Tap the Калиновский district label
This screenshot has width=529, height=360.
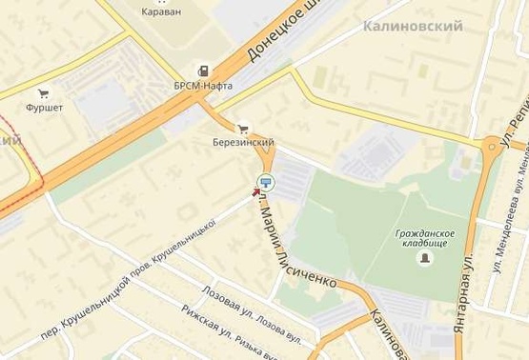[x=413, y=27]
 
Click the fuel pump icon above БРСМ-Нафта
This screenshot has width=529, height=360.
[x=203, y=70]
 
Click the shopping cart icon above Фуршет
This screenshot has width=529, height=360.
[x=43, y=93]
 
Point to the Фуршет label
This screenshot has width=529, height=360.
[x=44, y=108]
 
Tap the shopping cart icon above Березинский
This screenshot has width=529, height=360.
[x=243, y=128]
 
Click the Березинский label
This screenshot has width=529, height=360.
[x=243, y=143]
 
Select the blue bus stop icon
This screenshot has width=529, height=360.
[x=265, y=182]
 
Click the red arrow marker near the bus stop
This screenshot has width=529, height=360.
[x=255, y=190]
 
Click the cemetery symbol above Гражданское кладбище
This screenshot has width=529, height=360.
[x=424, y=220]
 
